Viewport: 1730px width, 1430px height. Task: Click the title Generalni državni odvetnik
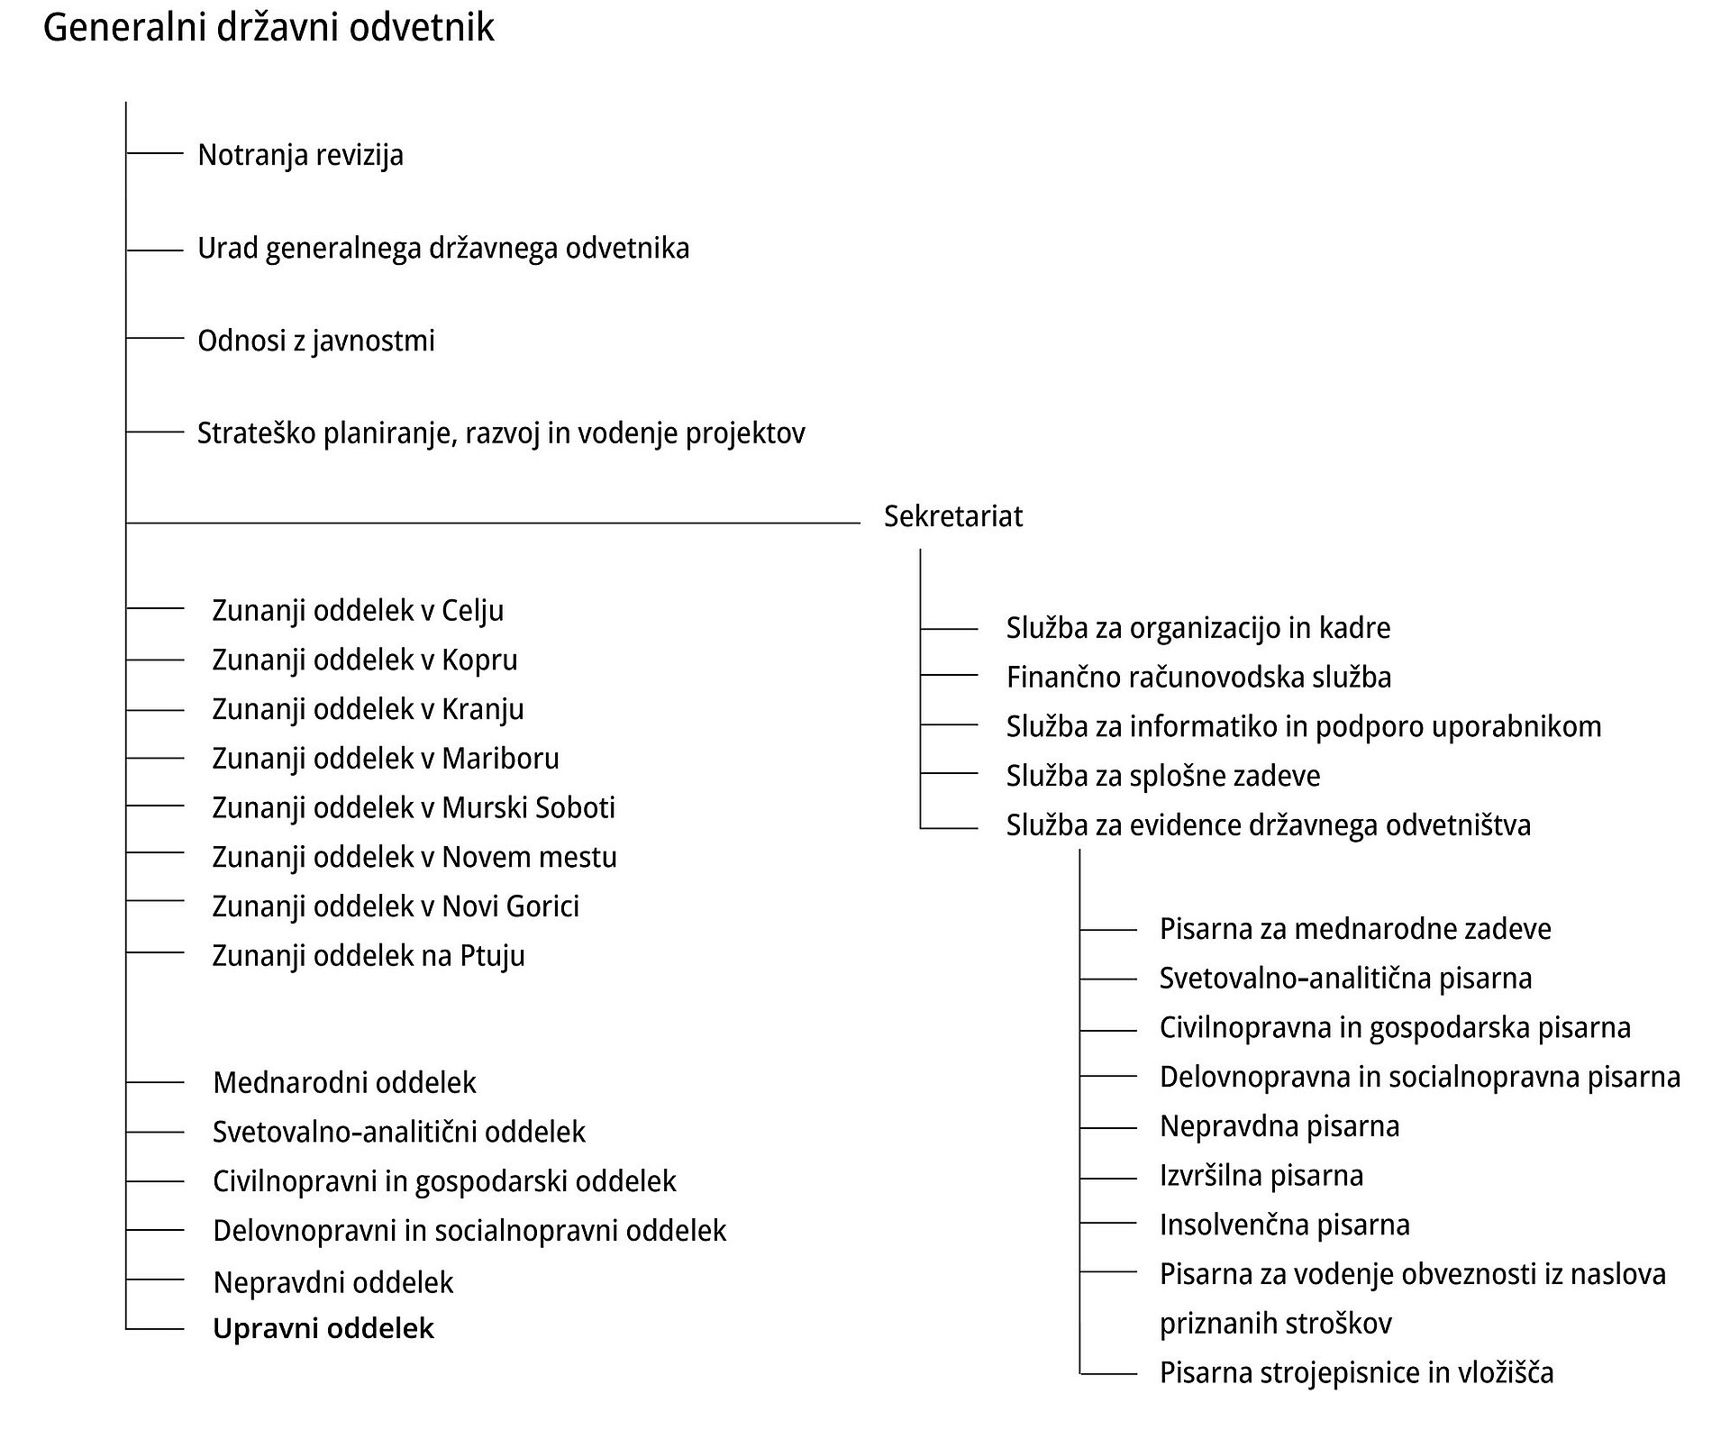coord(269,28)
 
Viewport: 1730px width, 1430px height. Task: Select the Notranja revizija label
coord(300,155)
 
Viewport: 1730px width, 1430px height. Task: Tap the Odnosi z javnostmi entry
coord(316,341)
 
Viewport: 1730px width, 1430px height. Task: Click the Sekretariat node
coord(953,516)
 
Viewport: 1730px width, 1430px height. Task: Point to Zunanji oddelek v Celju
coord(358,610)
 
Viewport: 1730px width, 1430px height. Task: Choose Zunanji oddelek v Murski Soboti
coord(414,807)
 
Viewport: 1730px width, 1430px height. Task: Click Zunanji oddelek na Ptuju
coord(369,955)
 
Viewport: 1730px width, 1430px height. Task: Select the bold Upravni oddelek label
coord(323,1328)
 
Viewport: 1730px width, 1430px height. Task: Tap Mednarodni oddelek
coord(344,1082)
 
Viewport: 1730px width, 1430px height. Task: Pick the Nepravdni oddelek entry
coord(333,1282)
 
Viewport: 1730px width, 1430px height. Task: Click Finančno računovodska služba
coord(1198,677)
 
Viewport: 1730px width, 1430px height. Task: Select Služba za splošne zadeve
coord(1163,776)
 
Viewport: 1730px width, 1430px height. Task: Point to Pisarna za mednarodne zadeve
coord(1355,929)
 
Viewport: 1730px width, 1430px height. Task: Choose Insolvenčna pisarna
coord(1285,1225)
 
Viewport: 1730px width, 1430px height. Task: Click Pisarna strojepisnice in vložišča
coord(1357,1373)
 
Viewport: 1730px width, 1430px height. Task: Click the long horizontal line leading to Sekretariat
coord(493,523)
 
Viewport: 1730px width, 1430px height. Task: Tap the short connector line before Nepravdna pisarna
coord(1108,1127)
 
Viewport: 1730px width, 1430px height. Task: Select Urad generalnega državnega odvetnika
coord(443,248)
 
